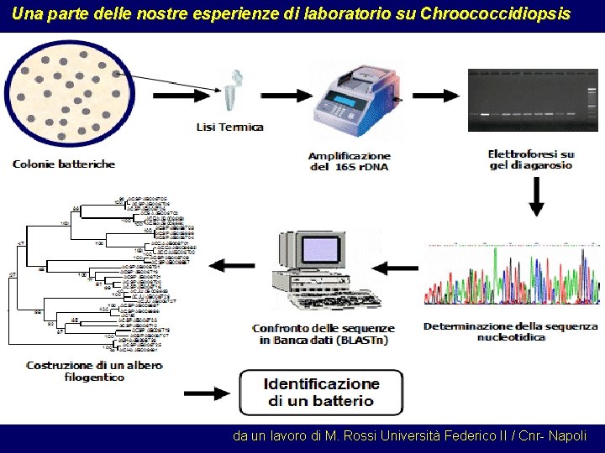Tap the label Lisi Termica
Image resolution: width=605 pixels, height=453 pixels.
pos(229,128)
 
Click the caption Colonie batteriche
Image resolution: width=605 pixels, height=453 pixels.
pos(64,164)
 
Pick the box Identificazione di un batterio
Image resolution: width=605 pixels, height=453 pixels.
pos(320,392)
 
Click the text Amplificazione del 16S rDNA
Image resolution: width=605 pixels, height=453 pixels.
pos(350,161)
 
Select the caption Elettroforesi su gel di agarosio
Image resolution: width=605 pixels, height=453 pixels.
pos(531,159)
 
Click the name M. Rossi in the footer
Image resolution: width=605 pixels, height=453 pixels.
pos(345,436)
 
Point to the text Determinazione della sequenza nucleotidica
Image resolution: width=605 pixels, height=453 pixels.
pos(511,331)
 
